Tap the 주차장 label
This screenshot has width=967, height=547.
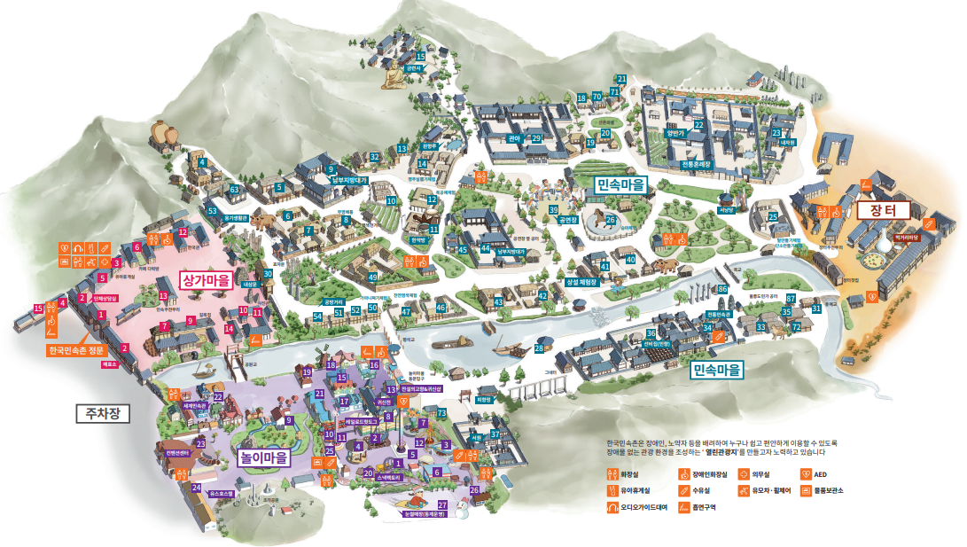[104, 413]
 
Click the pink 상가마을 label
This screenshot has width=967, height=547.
[205, 280]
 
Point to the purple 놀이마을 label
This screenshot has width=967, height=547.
[264, 458]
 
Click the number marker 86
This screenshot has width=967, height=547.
[722, 289]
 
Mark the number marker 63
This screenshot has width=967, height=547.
[234, 189]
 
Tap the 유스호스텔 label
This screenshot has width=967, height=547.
[221, 493]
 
